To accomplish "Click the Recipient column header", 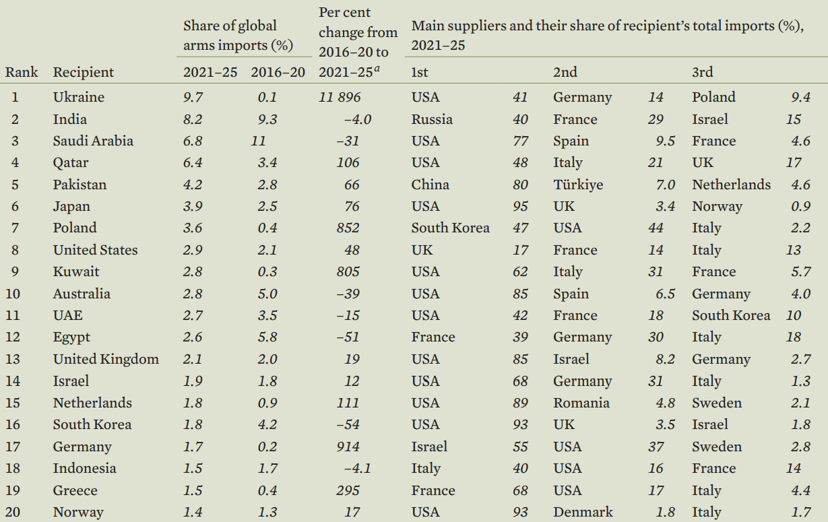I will (84, 72).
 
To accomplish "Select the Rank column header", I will (22, 72).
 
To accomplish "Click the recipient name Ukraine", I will (79, 97).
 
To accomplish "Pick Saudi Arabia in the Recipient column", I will (93, 141).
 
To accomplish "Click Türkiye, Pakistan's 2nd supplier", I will (578, 185).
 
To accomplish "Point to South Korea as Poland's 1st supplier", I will (450, 228).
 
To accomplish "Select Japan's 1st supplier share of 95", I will (520, 206).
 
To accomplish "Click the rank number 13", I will (13, 359).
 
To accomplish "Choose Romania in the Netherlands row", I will (581, 403).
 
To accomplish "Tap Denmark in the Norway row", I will (583, 512).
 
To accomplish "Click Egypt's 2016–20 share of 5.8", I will (267, 337).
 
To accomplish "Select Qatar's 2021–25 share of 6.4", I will (193, 162).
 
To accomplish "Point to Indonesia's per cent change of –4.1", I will (357, 468).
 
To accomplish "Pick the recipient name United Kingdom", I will (106, 359).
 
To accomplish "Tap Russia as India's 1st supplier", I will (432, 119).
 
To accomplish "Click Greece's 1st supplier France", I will (433, 490).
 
